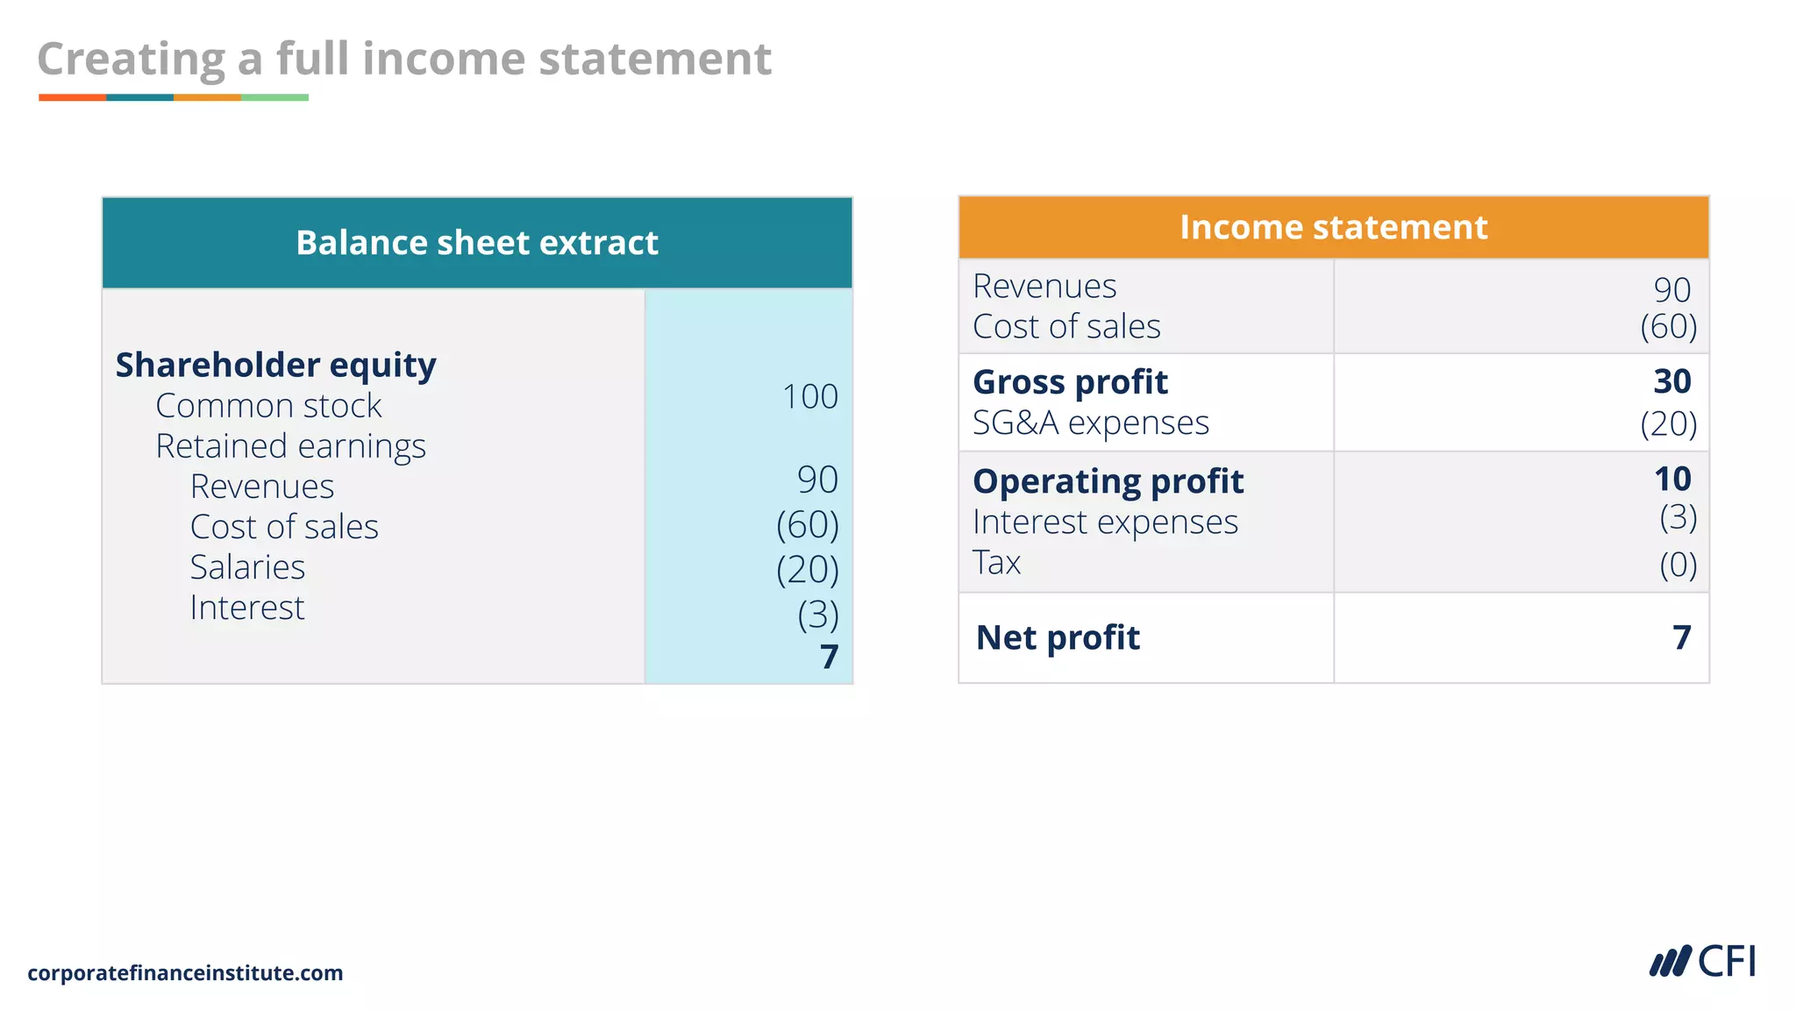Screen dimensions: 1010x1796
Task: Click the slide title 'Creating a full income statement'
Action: coord(404,60)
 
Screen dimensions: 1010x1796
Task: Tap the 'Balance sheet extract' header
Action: coord(477,243)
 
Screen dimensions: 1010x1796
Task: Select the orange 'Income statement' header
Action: coord(1333,227)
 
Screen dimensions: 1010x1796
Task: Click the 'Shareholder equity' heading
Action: coord(275,365)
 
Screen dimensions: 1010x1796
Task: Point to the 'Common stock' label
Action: coord(268,406)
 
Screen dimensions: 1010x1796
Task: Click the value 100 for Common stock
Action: coord(809,397)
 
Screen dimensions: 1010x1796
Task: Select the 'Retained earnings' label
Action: coord(290,446)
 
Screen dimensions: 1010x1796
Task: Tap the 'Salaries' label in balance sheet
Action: coord(247,567)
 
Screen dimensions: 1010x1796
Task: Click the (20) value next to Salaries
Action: coord(807,570)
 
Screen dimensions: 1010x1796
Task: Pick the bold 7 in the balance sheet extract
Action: coord(829,657)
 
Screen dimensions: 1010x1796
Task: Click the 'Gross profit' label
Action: coord(1070,382)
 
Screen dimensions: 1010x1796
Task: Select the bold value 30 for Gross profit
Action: coord(1671,381)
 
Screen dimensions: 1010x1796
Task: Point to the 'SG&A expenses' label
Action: coord(1090,423)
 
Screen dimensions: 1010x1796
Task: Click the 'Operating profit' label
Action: coord(1108,481)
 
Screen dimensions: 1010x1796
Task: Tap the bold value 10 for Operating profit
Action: coord(1671,479)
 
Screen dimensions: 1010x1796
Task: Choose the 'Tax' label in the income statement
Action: coord(996,562)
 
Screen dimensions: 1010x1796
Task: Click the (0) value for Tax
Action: coord(1678,565)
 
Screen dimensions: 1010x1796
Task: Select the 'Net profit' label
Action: coord(1058,637)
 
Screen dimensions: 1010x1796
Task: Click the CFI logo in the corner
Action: coord(1702,962)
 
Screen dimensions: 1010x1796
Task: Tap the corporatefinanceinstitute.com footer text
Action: coord(185,973)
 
